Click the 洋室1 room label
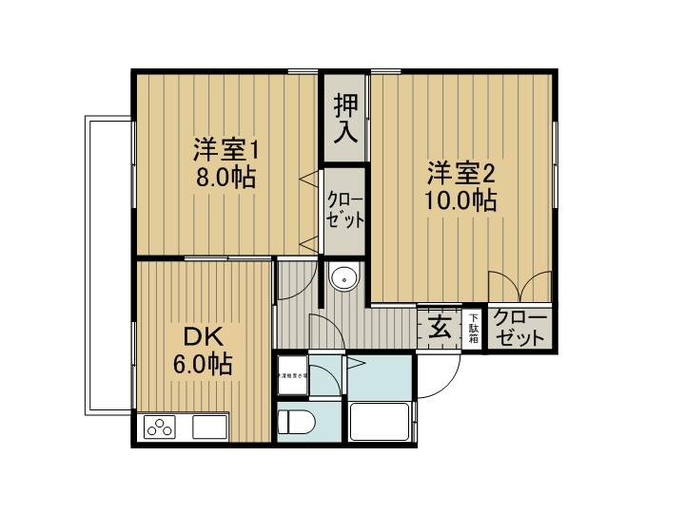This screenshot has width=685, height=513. coord(226,149)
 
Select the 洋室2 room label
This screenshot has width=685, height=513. coord(460,173)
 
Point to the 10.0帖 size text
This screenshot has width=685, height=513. coord(460,200)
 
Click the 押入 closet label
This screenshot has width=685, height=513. coord(344,118)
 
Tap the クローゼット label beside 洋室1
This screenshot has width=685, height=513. coord(344,210)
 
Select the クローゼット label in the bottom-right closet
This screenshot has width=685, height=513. coord(519,328)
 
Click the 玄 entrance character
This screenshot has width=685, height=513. coord(440,328)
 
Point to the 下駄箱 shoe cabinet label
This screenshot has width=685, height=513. coord(473,329)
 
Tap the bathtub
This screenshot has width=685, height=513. coord(380,421)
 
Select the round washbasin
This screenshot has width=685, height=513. coord(342,279)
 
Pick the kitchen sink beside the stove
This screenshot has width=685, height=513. coord(208,427)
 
